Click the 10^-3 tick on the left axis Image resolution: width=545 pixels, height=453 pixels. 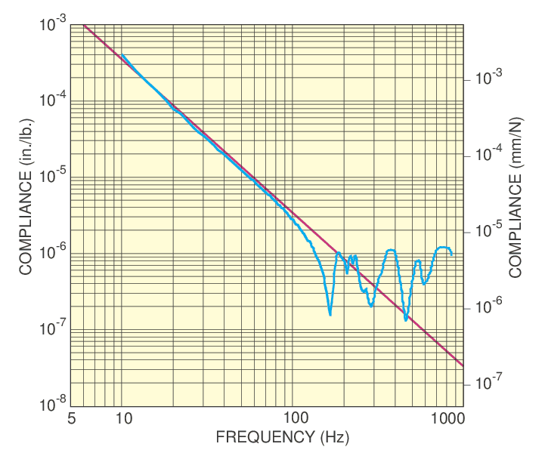[70, 25]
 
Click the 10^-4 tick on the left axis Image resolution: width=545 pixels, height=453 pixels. [70, 101]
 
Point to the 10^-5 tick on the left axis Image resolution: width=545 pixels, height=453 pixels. [70, 177]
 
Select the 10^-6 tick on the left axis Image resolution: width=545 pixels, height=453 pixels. [70, 254]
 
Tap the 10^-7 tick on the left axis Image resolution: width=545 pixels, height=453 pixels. [70, 330]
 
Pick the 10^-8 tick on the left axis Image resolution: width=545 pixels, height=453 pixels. [70, 406]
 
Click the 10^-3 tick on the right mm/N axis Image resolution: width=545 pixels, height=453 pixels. [463, 78]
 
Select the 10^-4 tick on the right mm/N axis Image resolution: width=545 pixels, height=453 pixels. [463, 155]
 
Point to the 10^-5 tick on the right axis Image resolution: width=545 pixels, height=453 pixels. [463, 231]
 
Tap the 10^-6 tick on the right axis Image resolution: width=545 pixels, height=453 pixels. [463, 307]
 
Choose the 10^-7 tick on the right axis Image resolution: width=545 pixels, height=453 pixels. [463, 384]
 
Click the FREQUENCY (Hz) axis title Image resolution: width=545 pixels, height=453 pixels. [272, 436]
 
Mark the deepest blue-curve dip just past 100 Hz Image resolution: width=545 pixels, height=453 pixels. [330, 314]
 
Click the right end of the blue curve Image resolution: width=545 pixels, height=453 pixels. [452, 254]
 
